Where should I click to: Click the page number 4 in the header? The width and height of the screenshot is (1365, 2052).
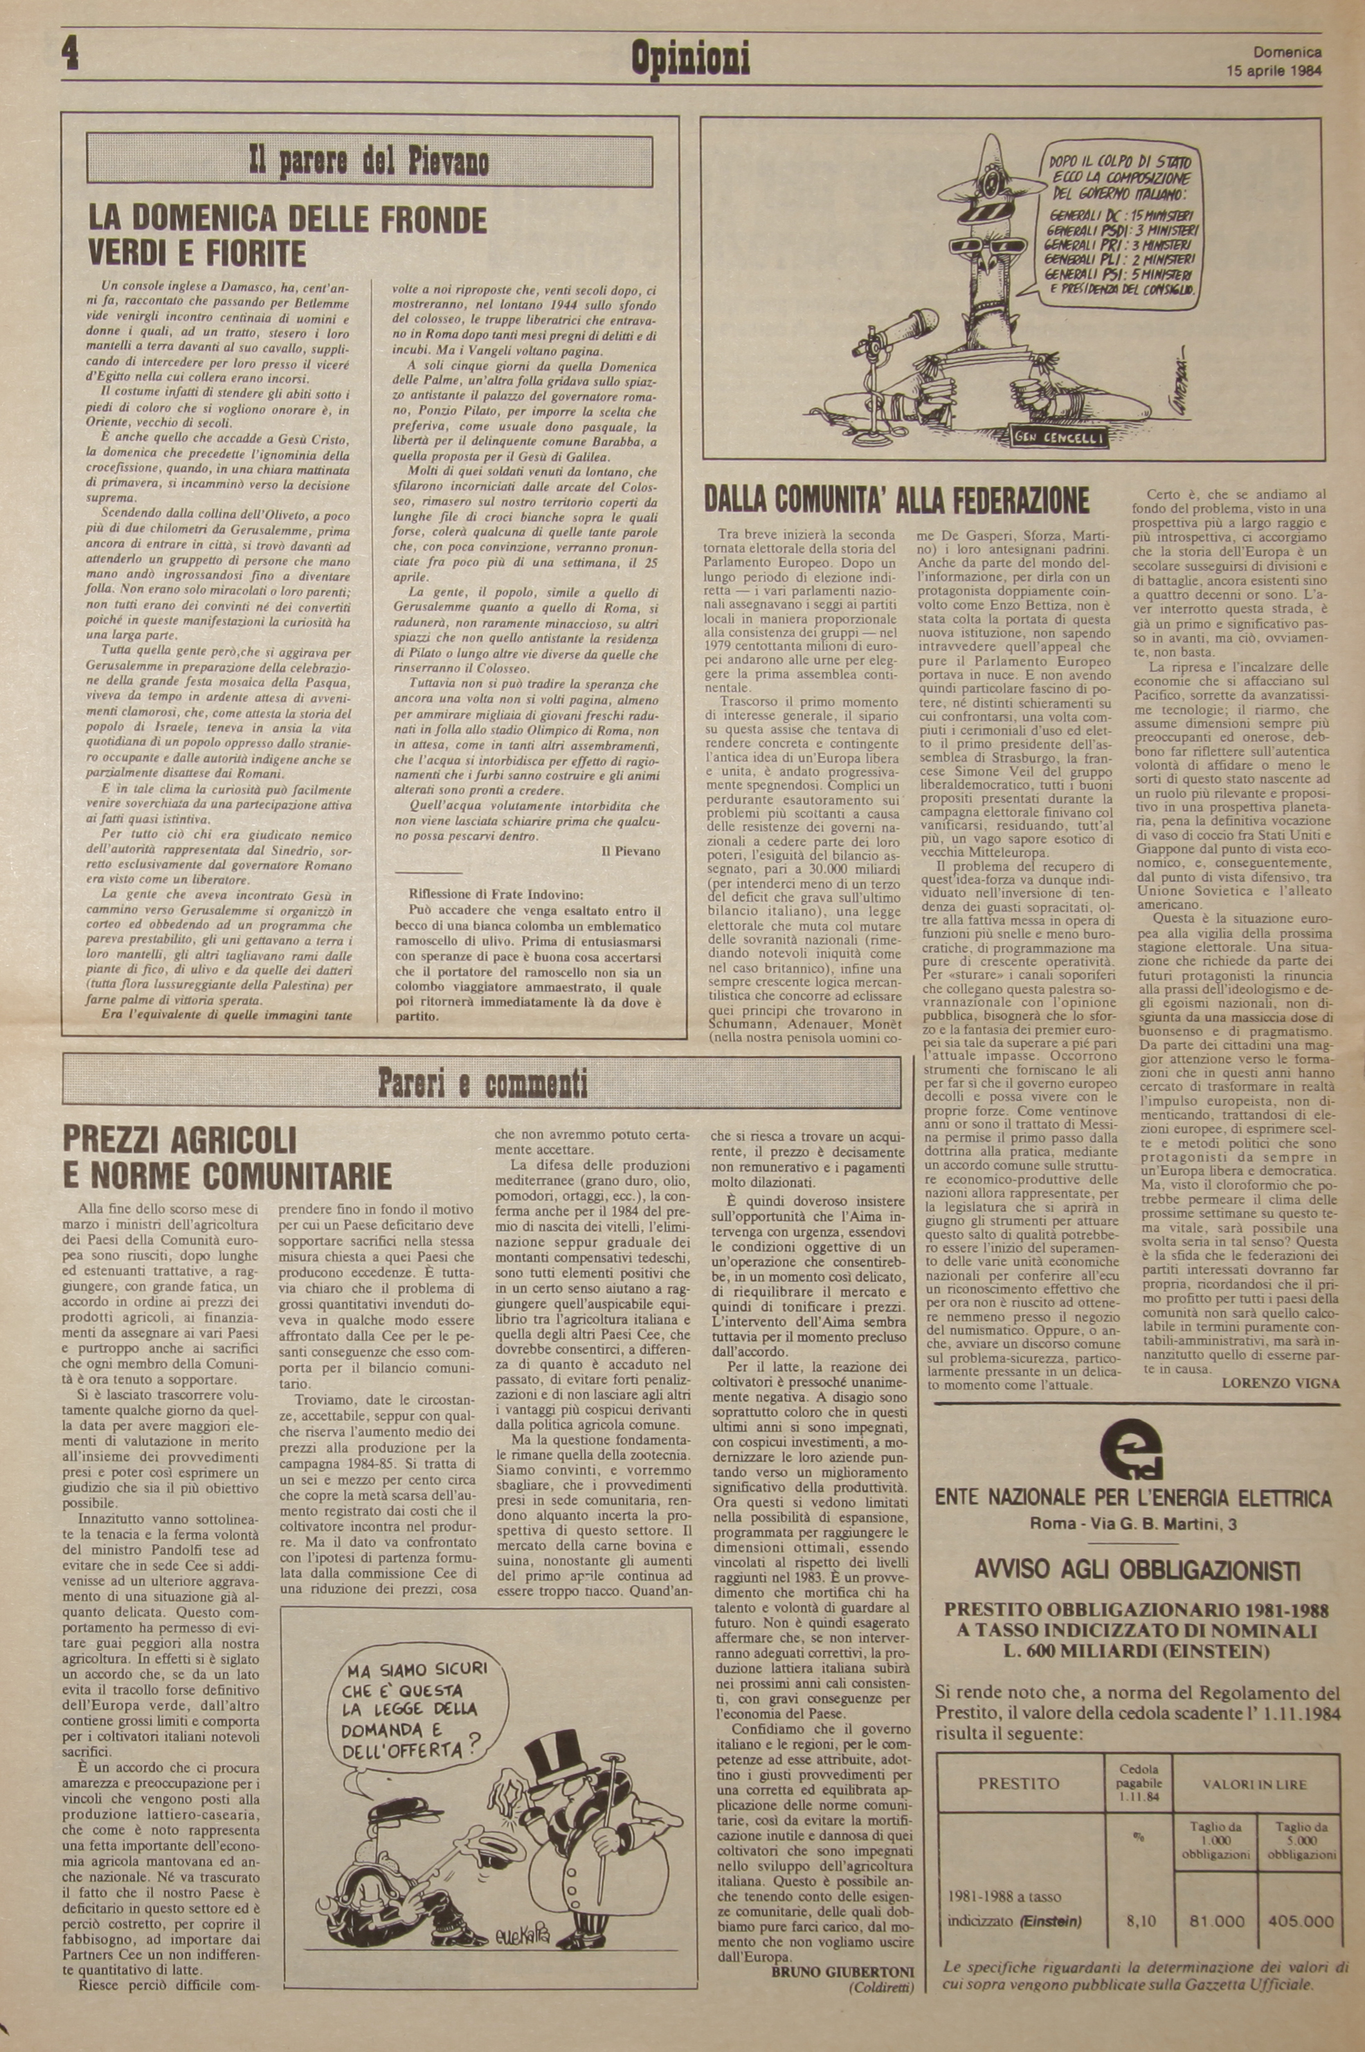point(70,55)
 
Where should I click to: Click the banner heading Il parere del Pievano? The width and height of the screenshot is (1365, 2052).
point(369,162)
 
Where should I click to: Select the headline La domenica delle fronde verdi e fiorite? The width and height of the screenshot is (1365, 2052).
point(287,235)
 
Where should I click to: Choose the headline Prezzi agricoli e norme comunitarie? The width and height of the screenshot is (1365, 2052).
point(228,1156)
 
